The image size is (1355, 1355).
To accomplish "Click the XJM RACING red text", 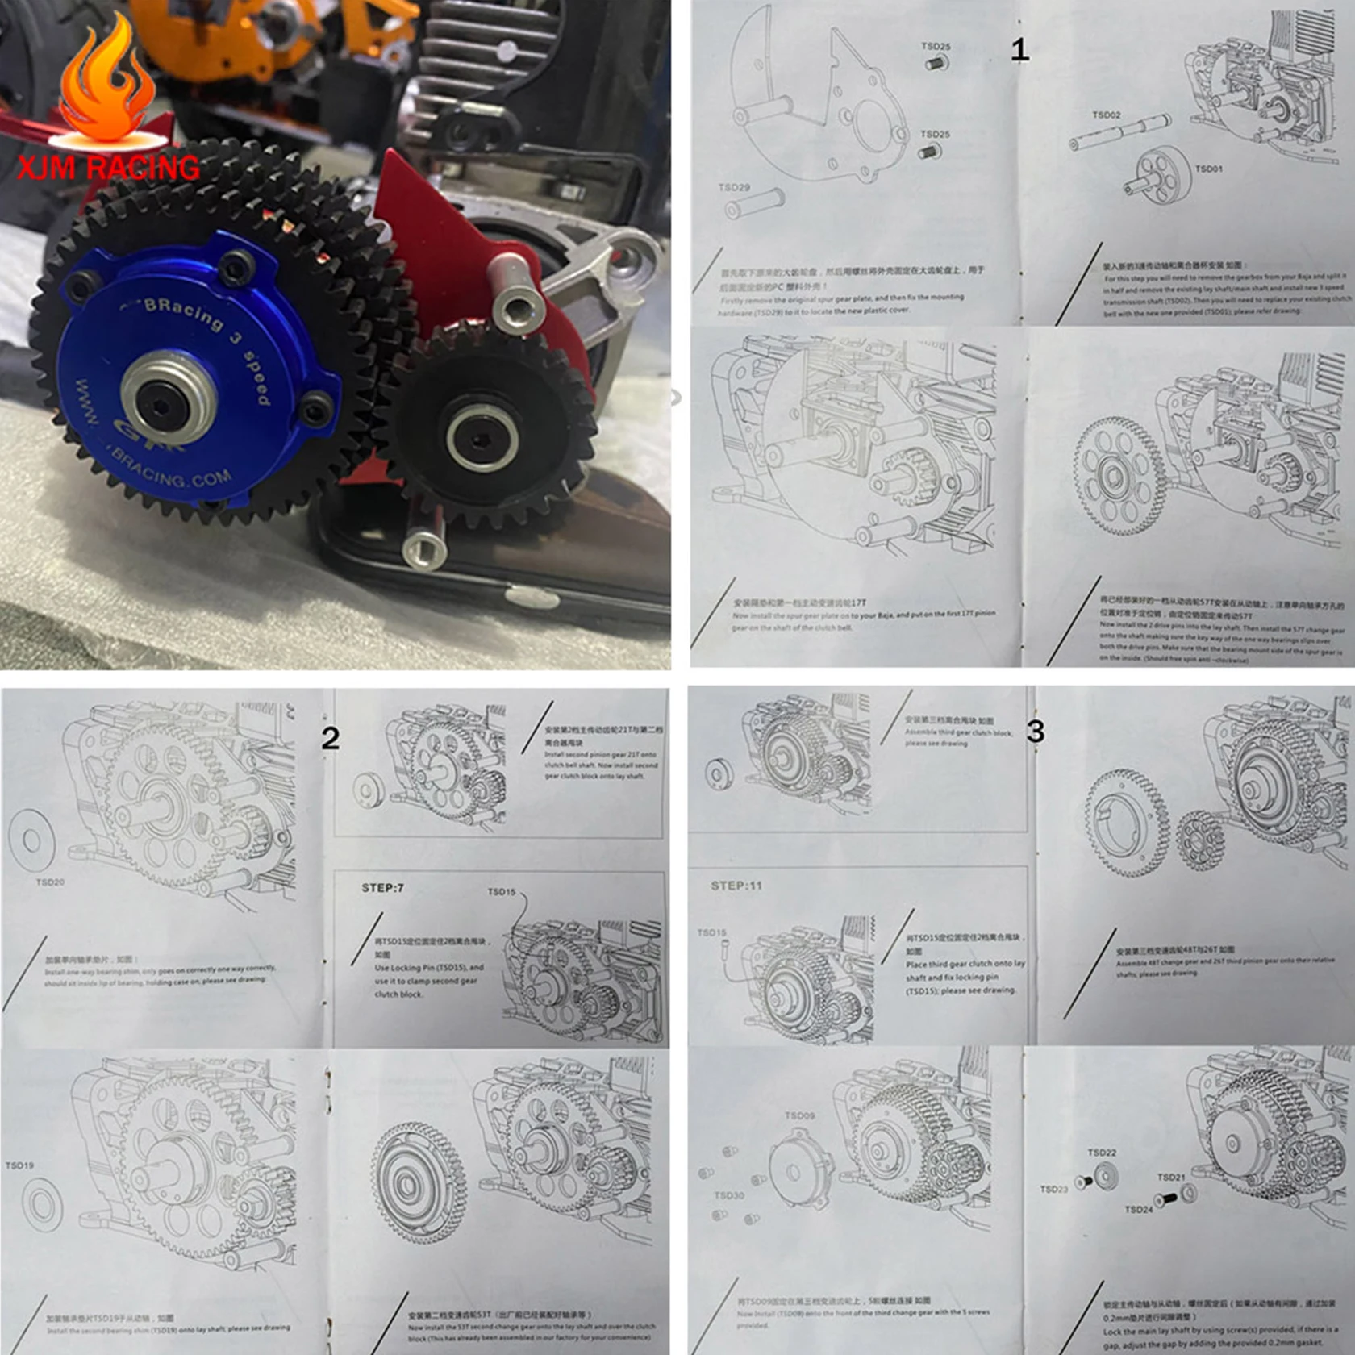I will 108,168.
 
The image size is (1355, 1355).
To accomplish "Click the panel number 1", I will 1019,50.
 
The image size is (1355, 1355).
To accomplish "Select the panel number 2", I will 330,738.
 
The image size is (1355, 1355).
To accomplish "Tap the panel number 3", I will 1036,732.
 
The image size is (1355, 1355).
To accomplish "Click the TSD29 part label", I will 734,187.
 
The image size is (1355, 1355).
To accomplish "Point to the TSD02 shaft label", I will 1107,115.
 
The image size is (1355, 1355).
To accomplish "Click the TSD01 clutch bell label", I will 1209,169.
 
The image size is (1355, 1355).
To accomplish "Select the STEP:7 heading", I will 382,888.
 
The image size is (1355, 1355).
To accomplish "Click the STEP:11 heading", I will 736,886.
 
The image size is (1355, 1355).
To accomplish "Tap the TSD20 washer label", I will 50,882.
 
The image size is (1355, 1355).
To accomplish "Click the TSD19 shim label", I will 19,1165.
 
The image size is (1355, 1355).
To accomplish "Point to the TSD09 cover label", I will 799,1115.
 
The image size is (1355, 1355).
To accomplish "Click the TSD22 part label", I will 1102,1153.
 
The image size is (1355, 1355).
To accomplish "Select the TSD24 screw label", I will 1139,1209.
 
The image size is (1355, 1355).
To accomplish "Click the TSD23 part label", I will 1054,1189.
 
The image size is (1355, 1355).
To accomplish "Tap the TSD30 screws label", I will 728,1195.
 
